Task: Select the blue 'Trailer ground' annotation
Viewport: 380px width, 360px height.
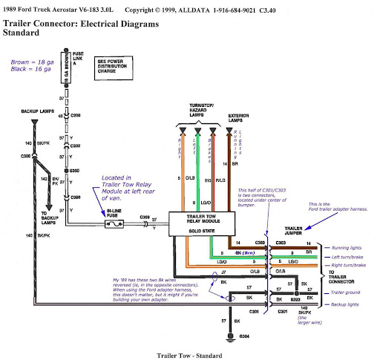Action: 347,292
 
